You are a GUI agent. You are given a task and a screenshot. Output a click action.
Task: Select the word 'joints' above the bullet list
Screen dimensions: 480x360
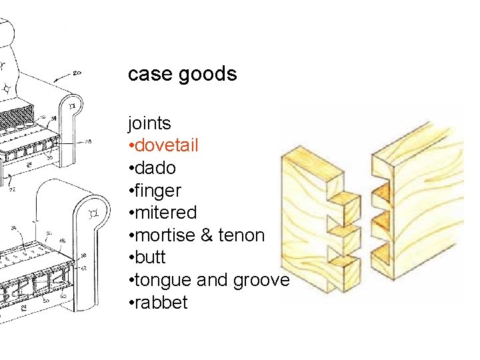click(x=149, y=123)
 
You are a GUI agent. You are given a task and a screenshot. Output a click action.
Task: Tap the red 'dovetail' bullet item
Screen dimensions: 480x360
click(x=175, y=145)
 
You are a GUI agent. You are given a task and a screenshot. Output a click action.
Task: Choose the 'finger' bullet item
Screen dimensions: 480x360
click(x=158, y=191)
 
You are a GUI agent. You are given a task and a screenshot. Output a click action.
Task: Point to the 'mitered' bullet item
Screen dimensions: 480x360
click(x=165, y=213)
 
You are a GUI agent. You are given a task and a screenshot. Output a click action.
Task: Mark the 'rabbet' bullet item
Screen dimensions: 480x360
click(x=161, y=303)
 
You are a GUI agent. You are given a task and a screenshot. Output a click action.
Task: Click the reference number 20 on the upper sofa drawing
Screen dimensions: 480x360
click(x=77, y=73)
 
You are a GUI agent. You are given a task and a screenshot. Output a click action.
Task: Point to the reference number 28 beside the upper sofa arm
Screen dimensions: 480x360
click(x=89, y=142)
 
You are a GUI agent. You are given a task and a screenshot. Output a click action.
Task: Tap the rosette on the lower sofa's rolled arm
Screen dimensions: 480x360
click(x=93, y=213)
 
